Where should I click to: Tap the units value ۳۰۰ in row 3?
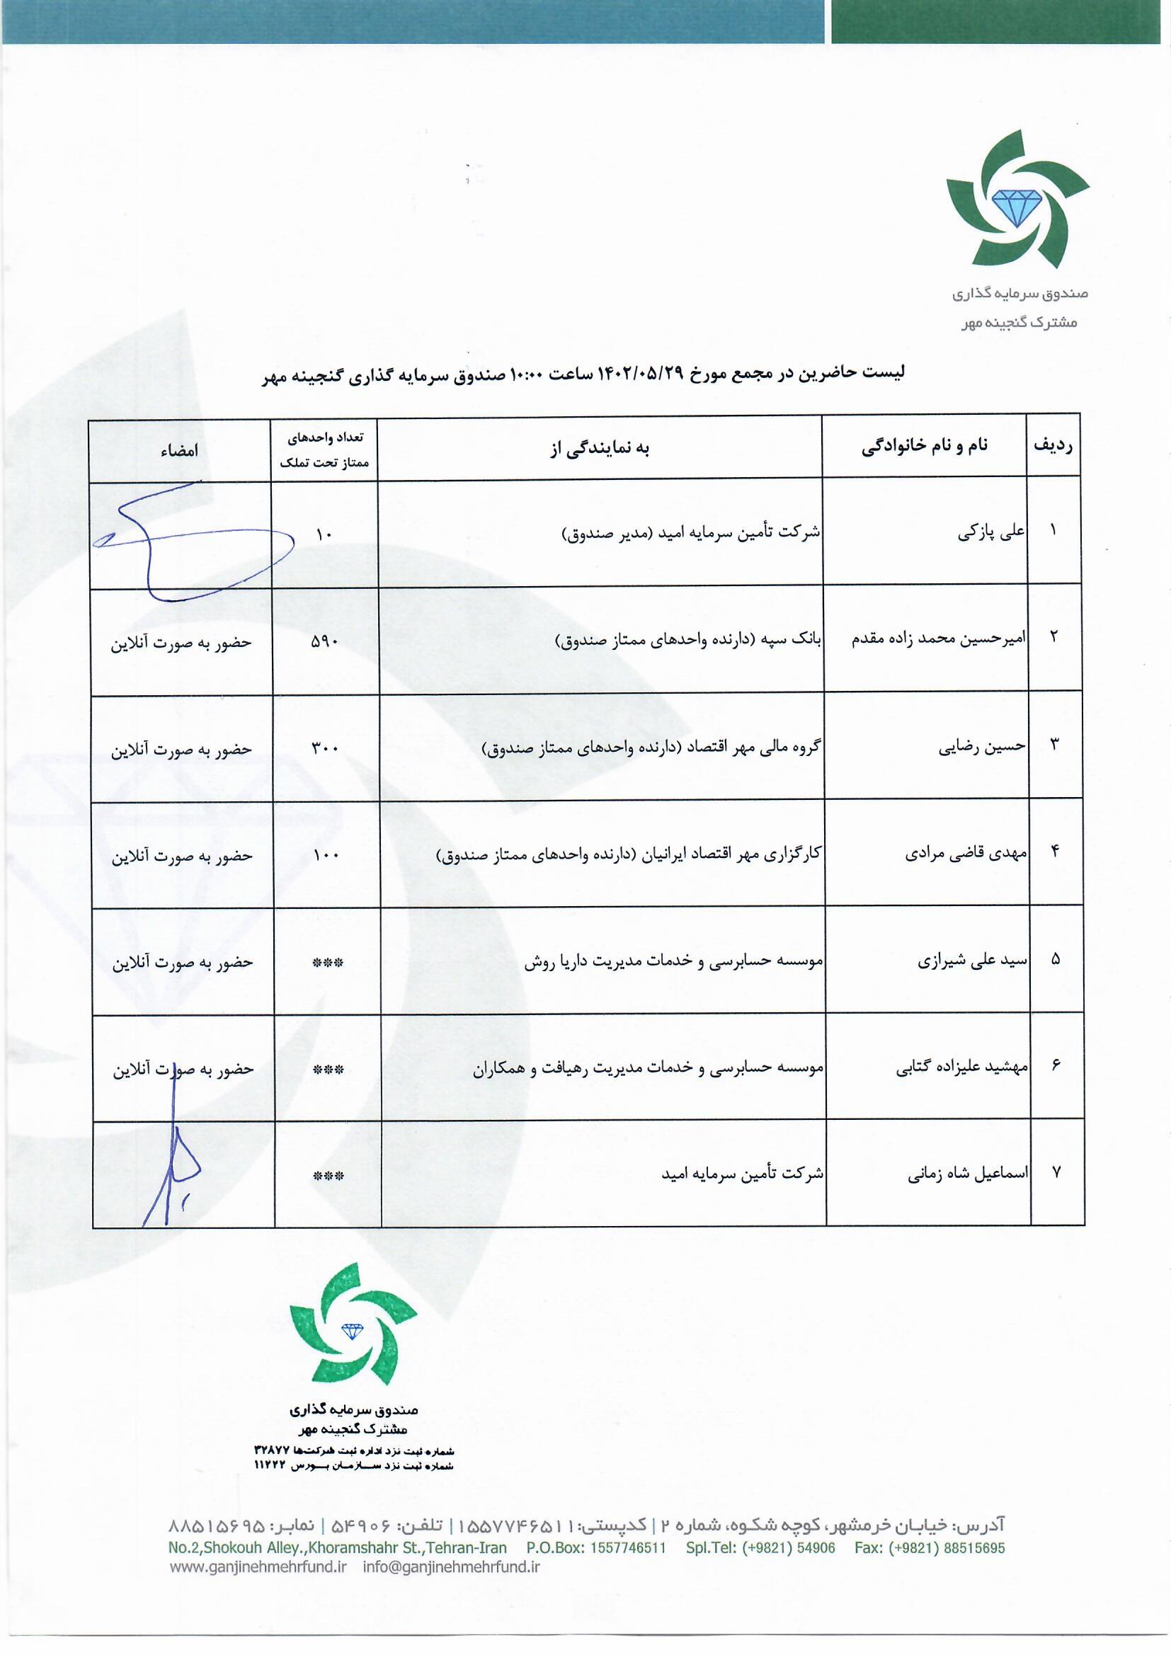click(324, 748)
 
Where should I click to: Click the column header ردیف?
click(1053, 445)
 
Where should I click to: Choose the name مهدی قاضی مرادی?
click(966, 854)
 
